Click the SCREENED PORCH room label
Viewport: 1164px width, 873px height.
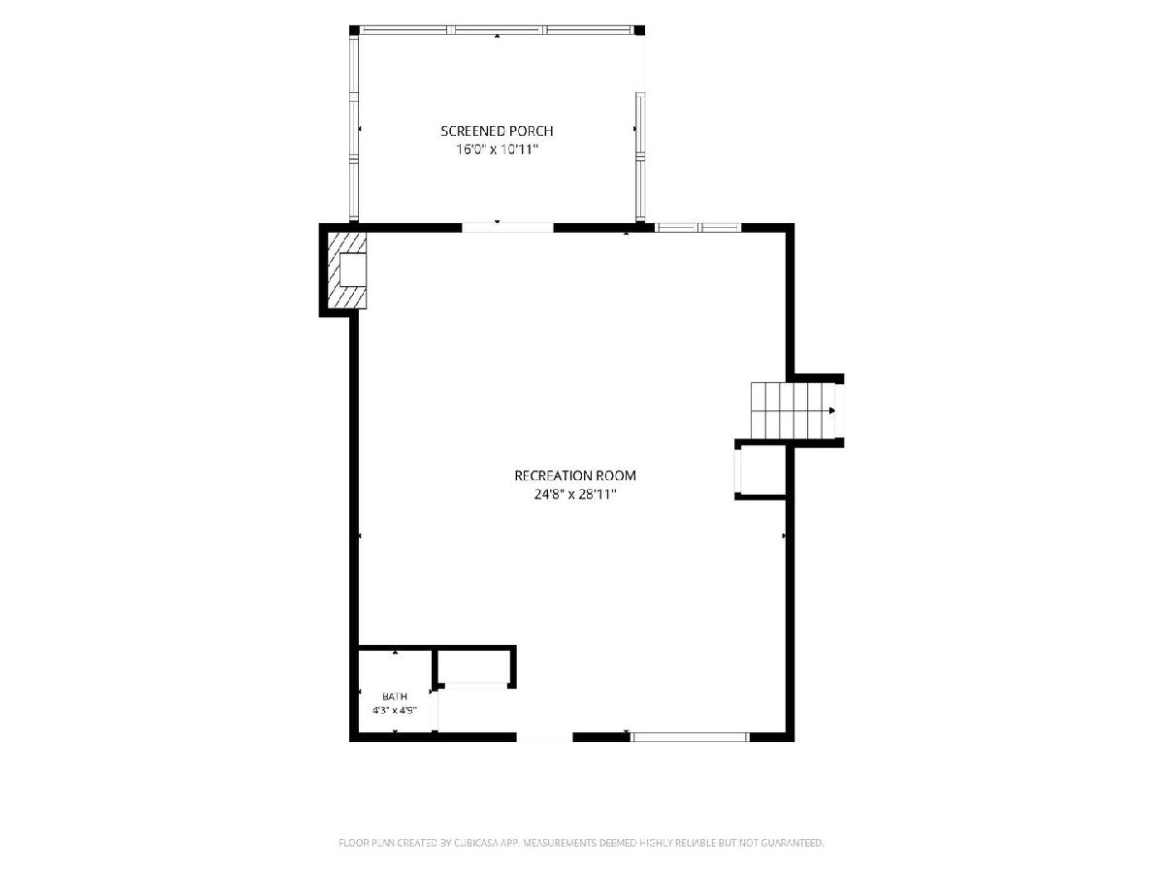tap(497, 130)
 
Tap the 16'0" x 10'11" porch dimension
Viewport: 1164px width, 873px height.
tap(497, 149)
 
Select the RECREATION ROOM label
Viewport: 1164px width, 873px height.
tap(575, 475)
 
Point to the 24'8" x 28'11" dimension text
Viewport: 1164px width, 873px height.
tap(575, 495)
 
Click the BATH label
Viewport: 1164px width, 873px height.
tap(395, 695)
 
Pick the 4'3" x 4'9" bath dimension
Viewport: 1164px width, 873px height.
tap(395, 710)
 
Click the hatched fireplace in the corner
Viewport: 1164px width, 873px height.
tap(347, 270)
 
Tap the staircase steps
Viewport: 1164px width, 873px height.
tap(792, 410)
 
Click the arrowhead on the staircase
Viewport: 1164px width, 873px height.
tap(831, 410)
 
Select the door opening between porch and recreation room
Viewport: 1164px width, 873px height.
tap(507, 227)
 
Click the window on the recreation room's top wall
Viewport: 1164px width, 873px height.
tap(697, 227)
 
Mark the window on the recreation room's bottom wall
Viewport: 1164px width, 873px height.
tap(690, 737)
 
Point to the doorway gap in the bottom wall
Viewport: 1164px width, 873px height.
tap(544, 737)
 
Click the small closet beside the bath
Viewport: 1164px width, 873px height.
tap(474, 666)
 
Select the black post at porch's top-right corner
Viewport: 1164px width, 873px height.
tap(639, 30)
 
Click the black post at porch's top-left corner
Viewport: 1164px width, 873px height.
tap(354, 30)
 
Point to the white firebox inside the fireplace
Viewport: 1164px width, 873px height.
tap(353, 270)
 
